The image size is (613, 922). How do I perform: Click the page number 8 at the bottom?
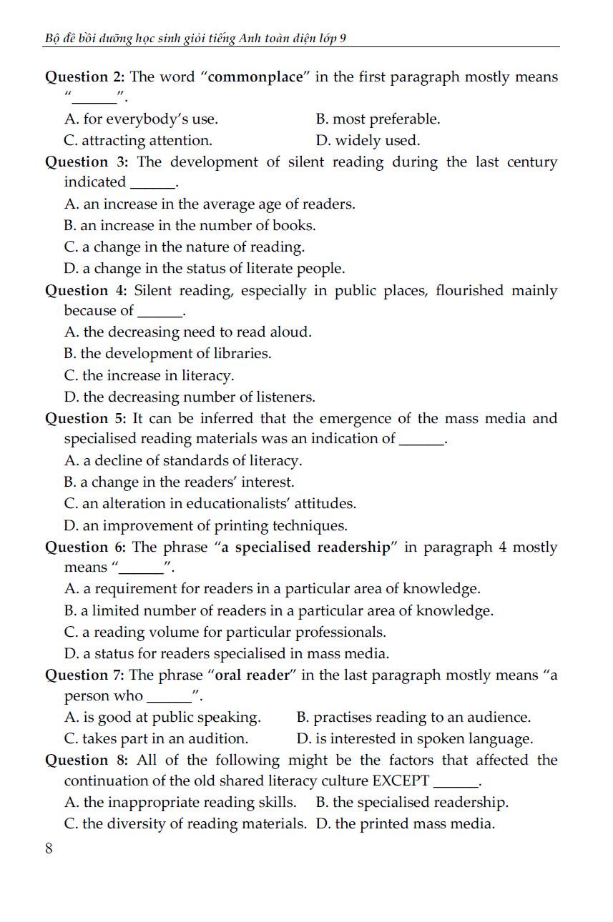point(49,848)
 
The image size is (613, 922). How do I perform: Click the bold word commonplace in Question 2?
point(256,77)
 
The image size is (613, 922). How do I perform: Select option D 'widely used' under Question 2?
point(368,140)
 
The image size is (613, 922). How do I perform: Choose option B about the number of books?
point(190,226)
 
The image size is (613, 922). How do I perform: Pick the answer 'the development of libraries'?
point(167,354)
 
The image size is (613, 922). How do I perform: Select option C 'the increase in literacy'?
point(149,375)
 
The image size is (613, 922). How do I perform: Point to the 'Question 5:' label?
point(87,419)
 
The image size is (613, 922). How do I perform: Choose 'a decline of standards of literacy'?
point(183,461)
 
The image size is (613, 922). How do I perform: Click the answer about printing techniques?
point(205,526)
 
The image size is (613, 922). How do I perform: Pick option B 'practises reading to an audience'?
point(413,718)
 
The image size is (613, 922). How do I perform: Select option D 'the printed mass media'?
point(405,824)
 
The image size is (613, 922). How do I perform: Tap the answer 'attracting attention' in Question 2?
point(138,140)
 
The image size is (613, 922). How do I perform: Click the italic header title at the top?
point(195,39)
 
